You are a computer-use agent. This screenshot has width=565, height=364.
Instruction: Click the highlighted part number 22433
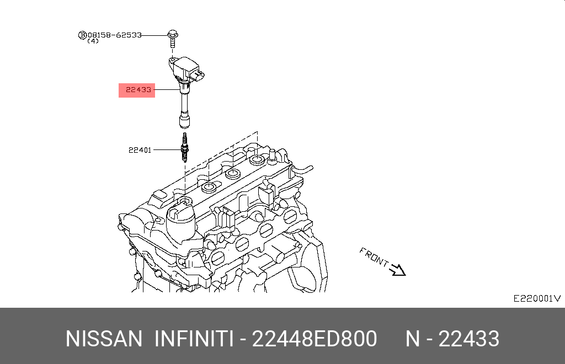tap(138, 90)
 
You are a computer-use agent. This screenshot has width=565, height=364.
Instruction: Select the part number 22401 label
tap(140, 150)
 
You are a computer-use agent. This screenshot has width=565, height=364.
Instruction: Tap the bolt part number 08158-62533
tap(115, 35)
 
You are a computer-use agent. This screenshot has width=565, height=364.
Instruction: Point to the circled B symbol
tap(83, 35)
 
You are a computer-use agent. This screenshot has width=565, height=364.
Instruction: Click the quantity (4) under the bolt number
tap(93, 41)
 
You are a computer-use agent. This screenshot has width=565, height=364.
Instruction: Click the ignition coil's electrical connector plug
tap(198, 75)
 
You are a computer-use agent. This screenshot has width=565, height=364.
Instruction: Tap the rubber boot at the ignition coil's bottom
tap(184, 120)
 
